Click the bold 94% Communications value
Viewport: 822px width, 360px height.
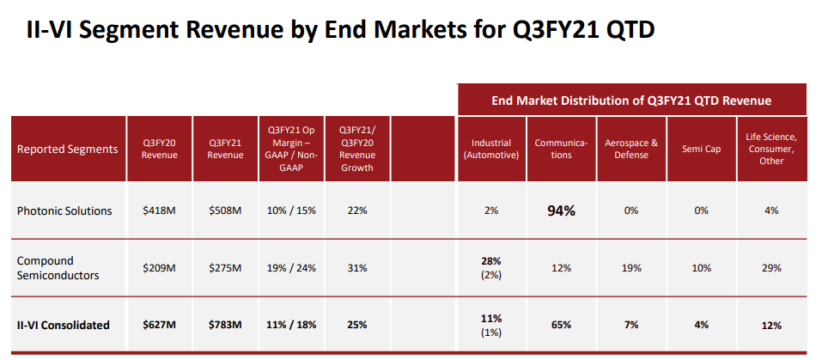[560, 211]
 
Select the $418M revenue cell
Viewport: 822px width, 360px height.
[160, 211]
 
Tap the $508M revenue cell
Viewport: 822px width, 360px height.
[225, 211]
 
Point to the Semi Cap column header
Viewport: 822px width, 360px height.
[702, 149]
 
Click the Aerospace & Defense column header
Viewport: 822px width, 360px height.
[631, 149]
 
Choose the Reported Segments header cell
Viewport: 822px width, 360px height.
[67, 149]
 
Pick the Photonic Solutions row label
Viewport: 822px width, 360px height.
[65, 211]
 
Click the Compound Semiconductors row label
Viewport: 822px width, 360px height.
[57, 267]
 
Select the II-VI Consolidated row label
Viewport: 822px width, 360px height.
[64, 325]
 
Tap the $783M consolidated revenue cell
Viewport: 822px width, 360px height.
[225, 325]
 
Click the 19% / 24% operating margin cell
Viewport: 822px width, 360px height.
[291, 267]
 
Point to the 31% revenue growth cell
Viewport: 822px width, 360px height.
[356, 267]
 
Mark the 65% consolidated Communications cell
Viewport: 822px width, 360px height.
[560, 325]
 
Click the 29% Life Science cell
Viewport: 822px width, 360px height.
[770, 267]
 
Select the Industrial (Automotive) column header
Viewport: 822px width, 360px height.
[491, 149]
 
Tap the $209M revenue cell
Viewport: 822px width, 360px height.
[160, 267]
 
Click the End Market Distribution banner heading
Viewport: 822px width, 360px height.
[631, 101]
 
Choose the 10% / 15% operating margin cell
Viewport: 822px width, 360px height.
[291, 211]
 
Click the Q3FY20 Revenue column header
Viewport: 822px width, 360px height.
[160, 149]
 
